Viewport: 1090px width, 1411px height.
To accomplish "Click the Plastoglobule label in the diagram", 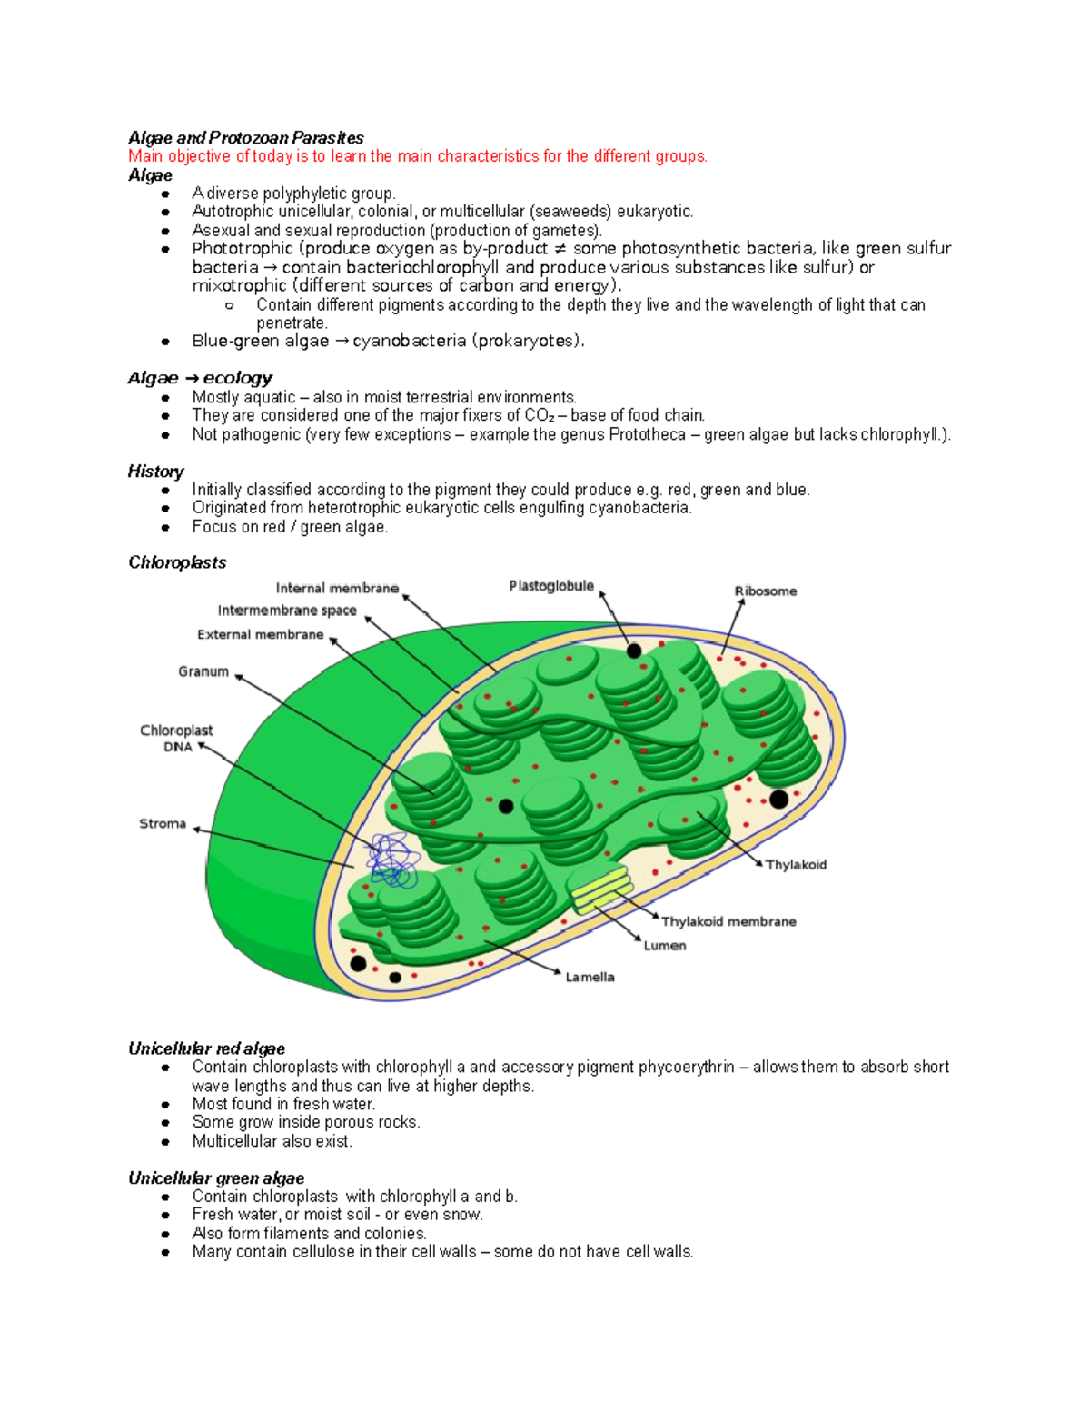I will (551, 586).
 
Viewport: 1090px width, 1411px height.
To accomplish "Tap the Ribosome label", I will (766, 591).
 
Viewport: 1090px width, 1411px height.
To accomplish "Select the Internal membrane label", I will (337, 589).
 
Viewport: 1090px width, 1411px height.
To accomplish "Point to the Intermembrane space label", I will (287, 611).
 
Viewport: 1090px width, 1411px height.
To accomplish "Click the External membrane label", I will (261, 635).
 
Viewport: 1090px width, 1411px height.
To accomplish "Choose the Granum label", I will (203, 671).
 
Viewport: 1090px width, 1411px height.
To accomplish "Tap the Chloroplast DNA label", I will (176, 739).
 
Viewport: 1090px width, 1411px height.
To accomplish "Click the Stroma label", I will (163, 824).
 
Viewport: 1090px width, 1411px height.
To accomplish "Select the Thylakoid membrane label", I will (728, 921).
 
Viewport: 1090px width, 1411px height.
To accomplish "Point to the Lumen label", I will (665, 946).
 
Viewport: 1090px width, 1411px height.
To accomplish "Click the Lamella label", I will (590, 978).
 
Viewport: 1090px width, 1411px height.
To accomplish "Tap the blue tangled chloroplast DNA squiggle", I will (393, 860).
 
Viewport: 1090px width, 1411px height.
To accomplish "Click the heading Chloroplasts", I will (177, 562).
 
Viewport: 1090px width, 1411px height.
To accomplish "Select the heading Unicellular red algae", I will (206, 1048).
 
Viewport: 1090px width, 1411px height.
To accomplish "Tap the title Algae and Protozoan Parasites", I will (245, 138).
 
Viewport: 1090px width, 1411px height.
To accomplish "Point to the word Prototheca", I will (647, 434).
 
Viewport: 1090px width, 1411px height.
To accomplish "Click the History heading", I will (155, 472).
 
